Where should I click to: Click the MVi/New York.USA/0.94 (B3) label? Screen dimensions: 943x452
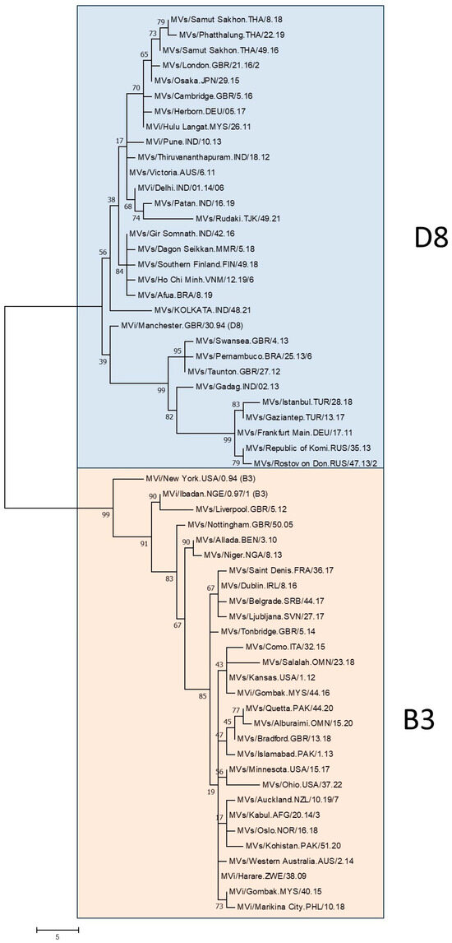195,478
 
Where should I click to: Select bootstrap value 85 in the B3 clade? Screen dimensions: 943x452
201,698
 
